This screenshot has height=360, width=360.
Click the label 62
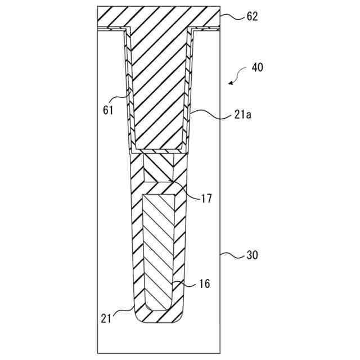click(251, 16)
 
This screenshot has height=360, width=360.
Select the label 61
click(108, 110)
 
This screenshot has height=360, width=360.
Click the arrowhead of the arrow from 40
click(231, 83)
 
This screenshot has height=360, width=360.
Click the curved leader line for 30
click(231, 255)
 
